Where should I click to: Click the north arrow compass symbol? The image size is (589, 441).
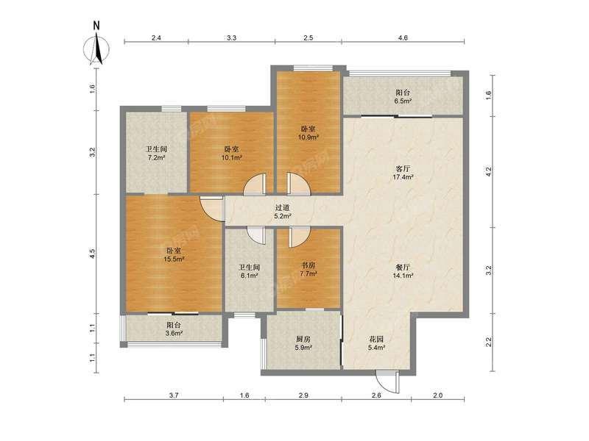coord(96,48)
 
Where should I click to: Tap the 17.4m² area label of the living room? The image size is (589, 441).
coord(403,176)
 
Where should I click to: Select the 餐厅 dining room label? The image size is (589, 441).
coord(403,267)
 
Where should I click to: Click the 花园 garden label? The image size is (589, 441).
coord(376,340)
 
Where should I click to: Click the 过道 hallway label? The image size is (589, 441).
coord(283,207)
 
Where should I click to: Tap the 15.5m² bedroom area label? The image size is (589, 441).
coord(174,259)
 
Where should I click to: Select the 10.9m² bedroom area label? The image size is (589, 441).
coord(308,137)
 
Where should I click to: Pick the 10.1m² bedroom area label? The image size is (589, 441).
coord(231,157)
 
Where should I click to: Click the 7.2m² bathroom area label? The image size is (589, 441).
coord(157,157)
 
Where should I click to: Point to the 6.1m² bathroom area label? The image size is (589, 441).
coord(250,276)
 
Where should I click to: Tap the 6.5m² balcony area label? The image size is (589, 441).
coord(403,101)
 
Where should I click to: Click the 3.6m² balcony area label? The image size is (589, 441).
coord(174,333)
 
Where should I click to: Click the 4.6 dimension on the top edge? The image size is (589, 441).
coord(403,37)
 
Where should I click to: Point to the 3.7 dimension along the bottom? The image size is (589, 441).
coord(174,395)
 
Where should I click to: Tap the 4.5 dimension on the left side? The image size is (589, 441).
coord(93,254)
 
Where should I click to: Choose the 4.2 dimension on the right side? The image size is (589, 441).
coord(488,172)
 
